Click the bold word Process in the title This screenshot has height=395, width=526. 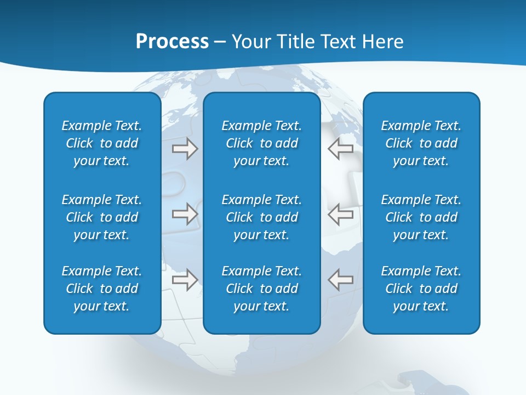coord(172,42)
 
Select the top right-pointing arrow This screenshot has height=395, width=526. coord(185,149)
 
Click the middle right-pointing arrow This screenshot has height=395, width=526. coord(185,213)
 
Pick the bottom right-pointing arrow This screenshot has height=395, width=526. coord(185,280)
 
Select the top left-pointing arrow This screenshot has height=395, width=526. coord(341,149)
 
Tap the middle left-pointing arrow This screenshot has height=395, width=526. coord(341,213)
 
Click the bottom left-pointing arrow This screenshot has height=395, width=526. coord(341,280)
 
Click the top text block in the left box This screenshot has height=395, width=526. coord(102,143)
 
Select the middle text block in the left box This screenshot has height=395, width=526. coord(102,217)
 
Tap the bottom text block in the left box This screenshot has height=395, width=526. coord(102,289)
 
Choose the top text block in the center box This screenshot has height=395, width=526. coord(261,143)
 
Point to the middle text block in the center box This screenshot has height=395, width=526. coord(261,217)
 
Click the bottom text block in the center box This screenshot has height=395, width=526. coord(261,289)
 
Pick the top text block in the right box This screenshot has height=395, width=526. coord(421,143)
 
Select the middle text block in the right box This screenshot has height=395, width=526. coord(421,217)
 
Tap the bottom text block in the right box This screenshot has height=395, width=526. coord(421,289)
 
